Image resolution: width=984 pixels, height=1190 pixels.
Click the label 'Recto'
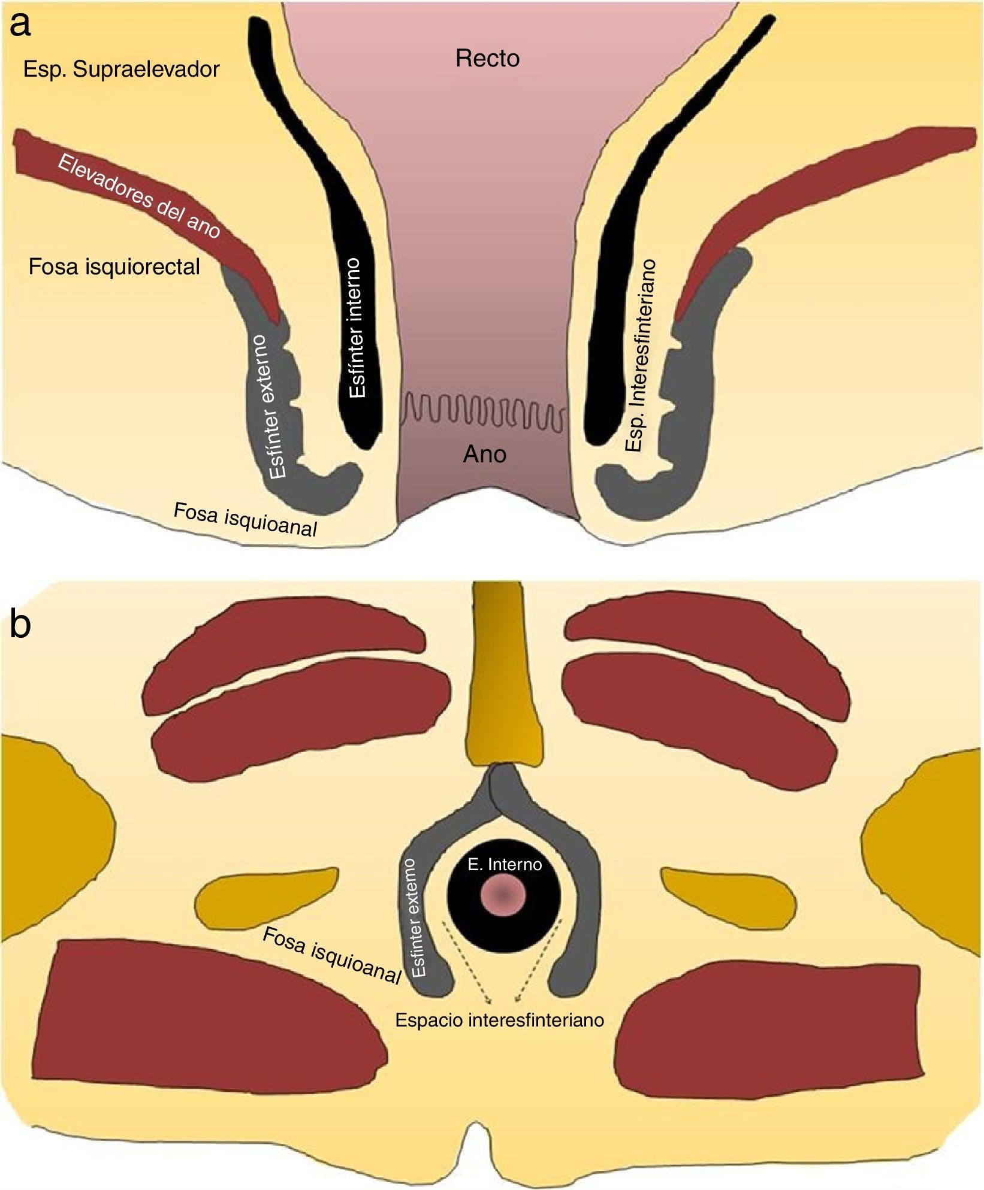point(487,59)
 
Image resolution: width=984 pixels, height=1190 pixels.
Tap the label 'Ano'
point(485,455)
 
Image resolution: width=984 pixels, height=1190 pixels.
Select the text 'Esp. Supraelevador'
point(122,69)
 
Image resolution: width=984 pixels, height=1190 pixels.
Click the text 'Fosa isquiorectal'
point(114,267)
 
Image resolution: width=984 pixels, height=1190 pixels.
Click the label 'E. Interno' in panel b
point(505,865)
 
